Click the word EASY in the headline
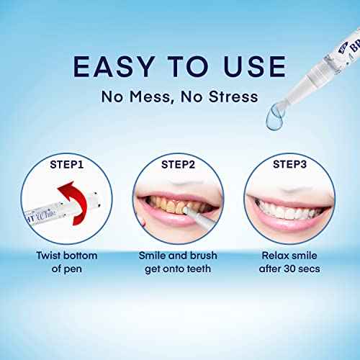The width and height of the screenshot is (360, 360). click(x=117, y=67)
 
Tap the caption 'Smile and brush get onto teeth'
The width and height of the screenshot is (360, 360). click(x=179, y=262)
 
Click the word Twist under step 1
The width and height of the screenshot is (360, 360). click(x=52, y=254)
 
